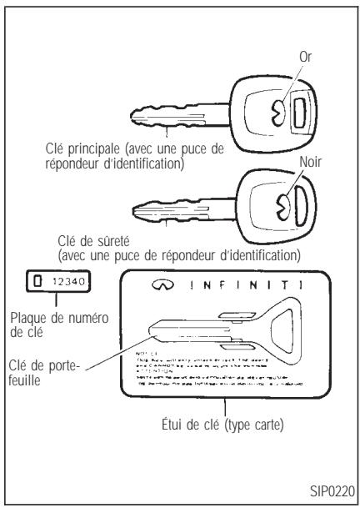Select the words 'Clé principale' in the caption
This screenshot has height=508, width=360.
pyautogui.click(x=80, y=149)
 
